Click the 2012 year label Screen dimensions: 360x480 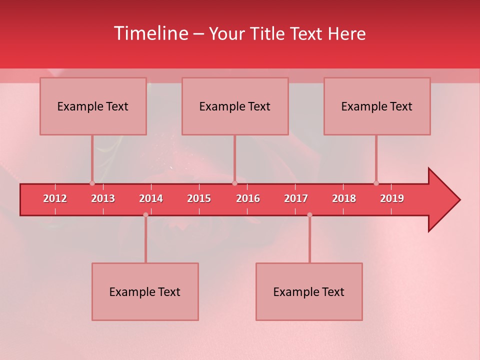point(55,198)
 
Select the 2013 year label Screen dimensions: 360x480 point(103,198)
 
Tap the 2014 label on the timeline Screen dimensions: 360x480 point(151,198)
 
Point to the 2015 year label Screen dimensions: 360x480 point(199,198)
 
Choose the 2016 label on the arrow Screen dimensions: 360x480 point(248,198)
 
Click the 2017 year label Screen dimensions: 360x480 point(296,198)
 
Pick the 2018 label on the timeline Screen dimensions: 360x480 point(344,198)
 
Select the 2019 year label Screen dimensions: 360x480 point(392,198)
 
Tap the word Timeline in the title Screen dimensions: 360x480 point(150,33)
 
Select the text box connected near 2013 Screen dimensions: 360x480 point(93,106)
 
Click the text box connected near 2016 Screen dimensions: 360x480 point(235,106)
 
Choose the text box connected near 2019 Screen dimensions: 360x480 point(377,106)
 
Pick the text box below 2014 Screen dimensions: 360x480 point(145,291)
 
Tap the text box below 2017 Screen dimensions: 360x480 point(309,291)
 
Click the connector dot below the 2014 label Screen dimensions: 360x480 point(145,215)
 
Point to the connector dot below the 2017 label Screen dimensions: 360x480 point(309,215)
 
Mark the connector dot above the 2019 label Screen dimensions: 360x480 point(376,183)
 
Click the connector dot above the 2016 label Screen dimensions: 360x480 point(234,183)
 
